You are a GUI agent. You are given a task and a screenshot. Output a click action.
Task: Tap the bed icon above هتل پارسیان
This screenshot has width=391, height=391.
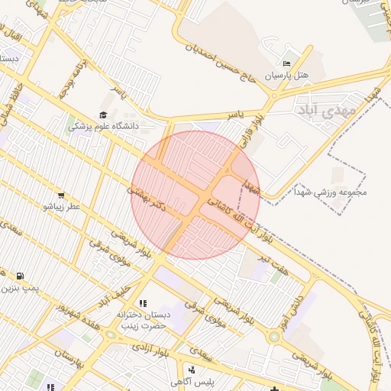click(286, 63)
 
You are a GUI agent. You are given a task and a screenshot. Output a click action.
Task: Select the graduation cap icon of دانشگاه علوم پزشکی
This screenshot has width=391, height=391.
click(103, 115)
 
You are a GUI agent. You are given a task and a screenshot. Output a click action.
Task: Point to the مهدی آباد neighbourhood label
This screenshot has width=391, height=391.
click(325, 111)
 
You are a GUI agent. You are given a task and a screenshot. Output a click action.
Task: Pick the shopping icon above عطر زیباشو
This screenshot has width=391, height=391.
click(61, 195)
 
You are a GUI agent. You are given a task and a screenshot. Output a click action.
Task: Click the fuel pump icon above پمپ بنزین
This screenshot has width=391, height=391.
click(19, 276)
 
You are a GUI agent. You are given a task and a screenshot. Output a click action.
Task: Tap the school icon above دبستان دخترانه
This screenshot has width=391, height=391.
click(142, 303)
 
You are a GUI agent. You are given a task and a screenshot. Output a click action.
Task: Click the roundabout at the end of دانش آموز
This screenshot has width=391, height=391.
click(273, 336)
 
